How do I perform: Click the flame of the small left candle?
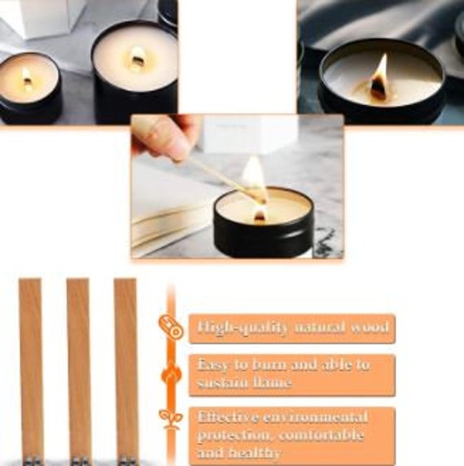[x=28, y=77]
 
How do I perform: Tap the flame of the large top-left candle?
[x=138, y=59]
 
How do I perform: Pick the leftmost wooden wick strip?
[x=31, y=366]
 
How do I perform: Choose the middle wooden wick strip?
[x=78, y=366]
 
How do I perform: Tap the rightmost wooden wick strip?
[x=125, y=366]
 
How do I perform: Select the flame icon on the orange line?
[x=171, y=374]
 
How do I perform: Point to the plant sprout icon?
[x=171, y=419]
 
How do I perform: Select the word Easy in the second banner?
[x=214, y=364]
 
